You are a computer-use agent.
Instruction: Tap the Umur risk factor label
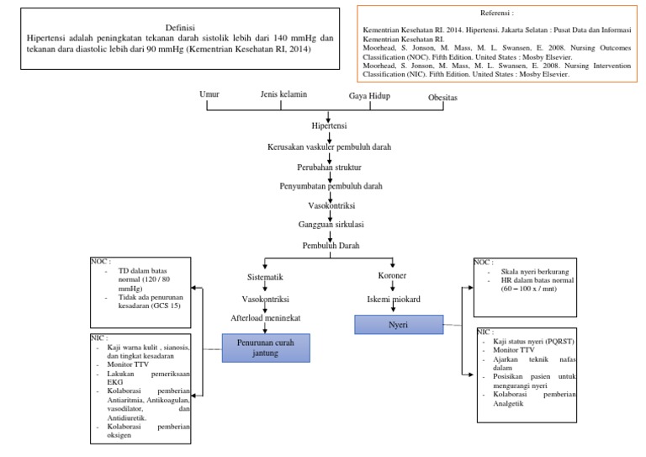pyautogui.click(x=209, y=94)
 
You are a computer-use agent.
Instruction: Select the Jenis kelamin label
pyautogui.click(x=283, y=94)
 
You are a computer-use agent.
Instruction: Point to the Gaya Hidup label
pyautogui.click(x=371, y=96)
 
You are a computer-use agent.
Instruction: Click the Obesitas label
pyautogui.click(x=443, y=98)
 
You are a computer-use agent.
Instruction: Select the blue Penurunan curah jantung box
pyautogui.click(x=267, y=348)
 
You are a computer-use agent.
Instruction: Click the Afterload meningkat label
pyautogui.click(x=267, y=318)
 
